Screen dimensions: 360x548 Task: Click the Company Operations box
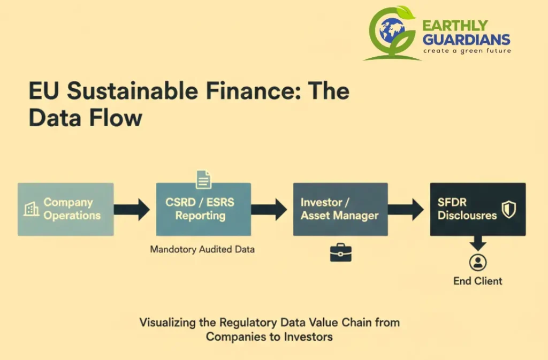coord(65,209)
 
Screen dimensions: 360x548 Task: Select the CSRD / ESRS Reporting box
coord(203,209)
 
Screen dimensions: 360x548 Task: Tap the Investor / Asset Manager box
coord(340,209)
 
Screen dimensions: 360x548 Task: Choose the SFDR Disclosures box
coord(477,209)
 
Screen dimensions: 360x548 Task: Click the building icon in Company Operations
coord(32,209)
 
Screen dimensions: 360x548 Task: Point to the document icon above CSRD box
coord(203,179)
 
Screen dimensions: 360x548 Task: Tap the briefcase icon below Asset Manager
coord(340,252)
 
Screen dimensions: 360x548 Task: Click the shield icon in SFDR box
coord(508,209)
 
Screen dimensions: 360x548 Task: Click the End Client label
coord(477,281)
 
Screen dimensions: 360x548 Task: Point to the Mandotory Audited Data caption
coord(202,249)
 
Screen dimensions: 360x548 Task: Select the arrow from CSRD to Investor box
coord(271,209)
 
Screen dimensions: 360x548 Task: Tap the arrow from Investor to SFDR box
coord(408,209)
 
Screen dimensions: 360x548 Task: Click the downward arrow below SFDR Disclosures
coord(477,243)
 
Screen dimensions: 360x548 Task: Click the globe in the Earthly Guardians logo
coord(393,30)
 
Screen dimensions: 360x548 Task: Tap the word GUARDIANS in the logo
coord(466,39)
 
